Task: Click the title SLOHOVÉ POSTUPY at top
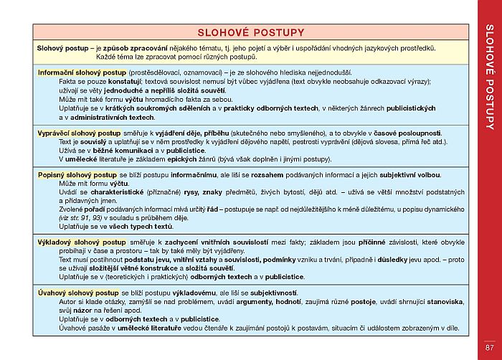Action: pyautogui.click(x=251, y=32)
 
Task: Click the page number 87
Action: pyautogui.click(x=489, y=348)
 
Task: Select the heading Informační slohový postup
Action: pyautogui.click(x=82, y=72)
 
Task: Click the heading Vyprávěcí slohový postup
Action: pyautogui.click(x=78, y=133)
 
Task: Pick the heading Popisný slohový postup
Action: pyautogui.click(x=77, y=174)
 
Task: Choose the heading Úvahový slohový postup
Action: pyautogui.click(x=78, y=293)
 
